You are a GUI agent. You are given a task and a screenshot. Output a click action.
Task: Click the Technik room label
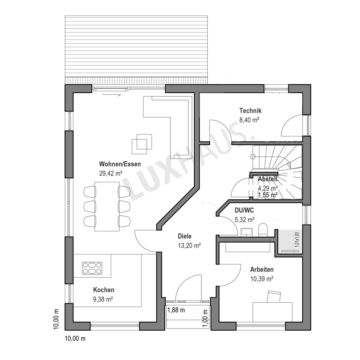coord(250,111)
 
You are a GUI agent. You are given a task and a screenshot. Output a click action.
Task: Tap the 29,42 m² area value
coord(111,173)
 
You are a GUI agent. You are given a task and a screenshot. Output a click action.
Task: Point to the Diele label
coord(184,236)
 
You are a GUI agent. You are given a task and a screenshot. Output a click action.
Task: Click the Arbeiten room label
coord(262,269)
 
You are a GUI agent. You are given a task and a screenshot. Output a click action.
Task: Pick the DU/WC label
coord(244,210)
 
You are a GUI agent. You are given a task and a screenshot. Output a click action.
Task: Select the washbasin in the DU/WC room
coord(247,232)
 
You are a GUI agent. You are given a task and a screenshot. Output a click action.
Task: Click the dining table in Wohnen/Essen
coord(107,206)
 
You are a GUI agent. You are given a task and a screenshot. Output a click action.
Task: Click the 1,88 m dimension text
coord(176,310)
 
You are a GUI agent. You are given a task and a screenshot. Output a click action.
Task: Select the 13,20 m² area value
coord(189,246)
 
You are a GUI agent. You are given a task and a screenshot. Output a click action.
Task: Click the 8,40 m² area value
coord(249,120)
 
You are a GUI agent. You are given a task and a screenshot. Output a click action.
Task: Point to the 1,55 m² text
coord(268,195)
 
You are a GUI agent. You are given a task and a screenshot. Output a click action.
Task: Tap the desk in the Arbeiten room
coord(272,312)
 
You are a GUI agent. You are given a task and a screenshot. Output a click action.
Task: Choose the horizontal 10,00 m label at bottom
coord(75,338)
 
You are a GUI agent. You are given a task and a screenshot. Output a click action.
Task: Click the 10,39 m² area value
coord(262,279)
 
